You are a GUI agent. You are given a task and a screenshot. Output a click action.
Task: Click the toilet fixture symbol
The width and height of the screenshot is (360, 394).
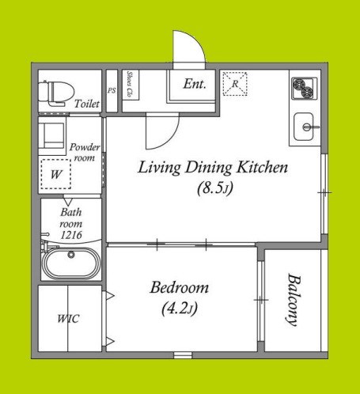[x=56, y=93]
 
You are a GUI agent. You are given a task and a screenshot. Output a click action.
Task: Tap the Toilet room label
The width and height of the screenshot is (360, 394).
[x=87, y=104]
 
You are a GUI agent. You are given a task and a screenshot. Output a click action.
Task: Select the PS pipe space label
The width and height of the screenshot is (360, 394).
[x=112, y=90]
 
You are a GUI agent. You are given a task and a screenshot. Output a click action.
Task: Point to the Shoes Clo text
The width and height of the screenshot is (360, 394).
[x=129, y=84]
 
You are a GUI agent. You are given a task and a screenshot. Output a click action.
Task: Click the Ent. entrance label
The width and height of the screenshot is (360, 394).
[x=195, y=84]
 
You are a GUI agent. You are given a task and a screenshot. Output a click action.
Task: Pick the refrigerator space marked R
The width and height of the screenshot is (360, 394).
[x=235, y=84]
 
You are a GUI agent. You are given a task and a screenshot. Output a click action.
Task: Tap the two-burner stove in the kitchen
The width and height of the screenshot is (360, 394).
[x=304, y=88]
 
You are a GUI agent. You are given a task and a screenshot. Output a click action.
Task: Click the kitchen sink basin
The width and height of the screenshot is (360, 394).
[x=304, y=127]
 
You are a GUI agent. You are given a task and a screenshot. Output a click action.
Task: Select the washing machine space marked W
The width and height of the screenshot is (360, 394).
[x=56, y=174]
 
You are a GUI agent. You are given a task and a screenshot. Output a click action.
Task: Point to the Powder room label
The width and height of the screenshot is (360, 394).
[x=85, y=153]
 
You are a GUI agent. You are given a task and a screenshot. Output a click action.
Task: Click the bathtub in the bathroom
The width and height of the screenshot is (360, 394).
[x=71, y=263]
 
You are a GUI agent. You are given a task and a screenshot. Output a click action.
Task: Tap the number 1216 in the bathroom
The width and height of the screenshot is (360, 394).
[x=71, y=235]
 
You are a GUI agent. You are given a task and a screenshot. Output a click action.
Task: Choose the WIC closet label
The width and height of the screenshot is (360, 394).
[x=68, y=319]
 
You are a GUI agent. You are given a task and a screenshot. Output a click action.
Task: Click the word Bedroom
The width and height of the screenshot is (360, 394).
[x=180, y=287]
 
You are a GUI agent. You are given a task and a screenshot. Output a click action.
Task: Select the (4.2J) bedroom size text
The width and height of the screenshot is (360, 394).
[x=180, y=308]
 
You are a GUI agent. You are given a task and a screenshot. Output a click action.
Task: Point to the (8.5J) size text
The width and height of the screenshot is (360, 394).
[x=215, y=188]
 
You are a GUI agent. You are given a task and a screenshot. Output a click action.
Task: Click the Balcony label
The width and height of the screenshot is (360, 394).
[x=294, y=300]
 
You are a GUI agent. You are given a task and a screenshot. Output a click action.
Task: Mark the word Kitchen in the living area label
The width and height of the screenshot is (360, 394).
[x=262, y=167]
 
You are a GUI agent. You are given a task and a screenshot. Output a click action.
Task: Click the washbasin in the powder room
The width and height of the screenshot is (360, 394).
[x=52, y=136]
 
